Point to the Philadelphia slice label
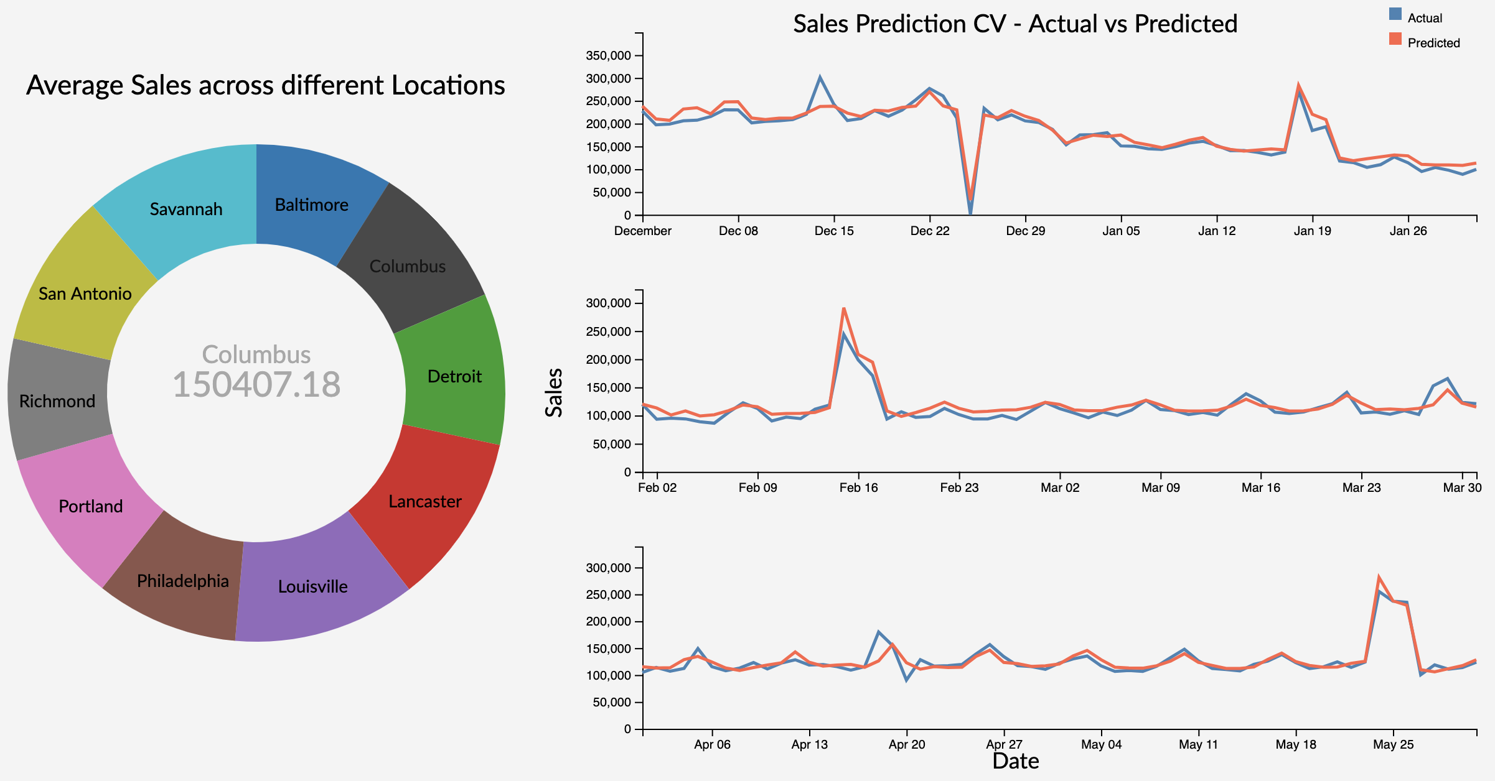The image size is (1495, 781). click(183, 581)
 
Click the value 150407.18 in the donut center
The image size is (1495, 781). click(256, 384)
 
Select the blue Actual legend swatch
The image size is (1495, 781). click(1395, 14)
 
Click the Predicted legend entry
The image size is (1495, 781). click(1433, 43)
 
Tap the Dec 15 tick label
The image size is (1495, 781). click(834, 231)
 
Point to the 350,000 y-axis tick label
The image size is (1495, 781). click(608, 56)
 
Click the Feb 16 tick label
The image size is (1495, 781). click(858, 488)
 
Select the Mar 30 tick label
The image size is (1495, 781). click(1462, 488)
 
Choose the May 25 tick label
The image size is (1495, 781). click(1393, 745)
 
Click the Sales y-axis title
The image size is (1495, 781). click(553, 392)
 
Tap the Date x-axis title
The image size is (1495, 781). click(1015, 761)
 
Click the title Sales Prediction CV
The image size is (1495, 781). click(1015, 24)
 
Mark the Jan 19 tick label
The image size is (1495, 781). click(1312, 231)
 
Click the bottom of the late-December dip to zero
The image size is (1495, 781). click(970, 214)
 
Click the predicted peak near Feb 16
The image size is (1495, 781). click(844, 308)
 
